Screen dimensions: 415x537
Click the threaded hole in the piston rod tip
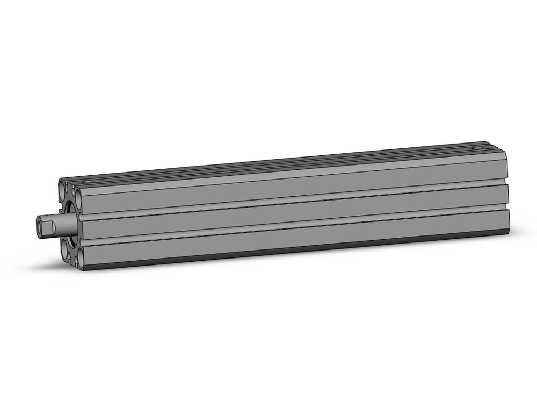coord(40,224)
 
